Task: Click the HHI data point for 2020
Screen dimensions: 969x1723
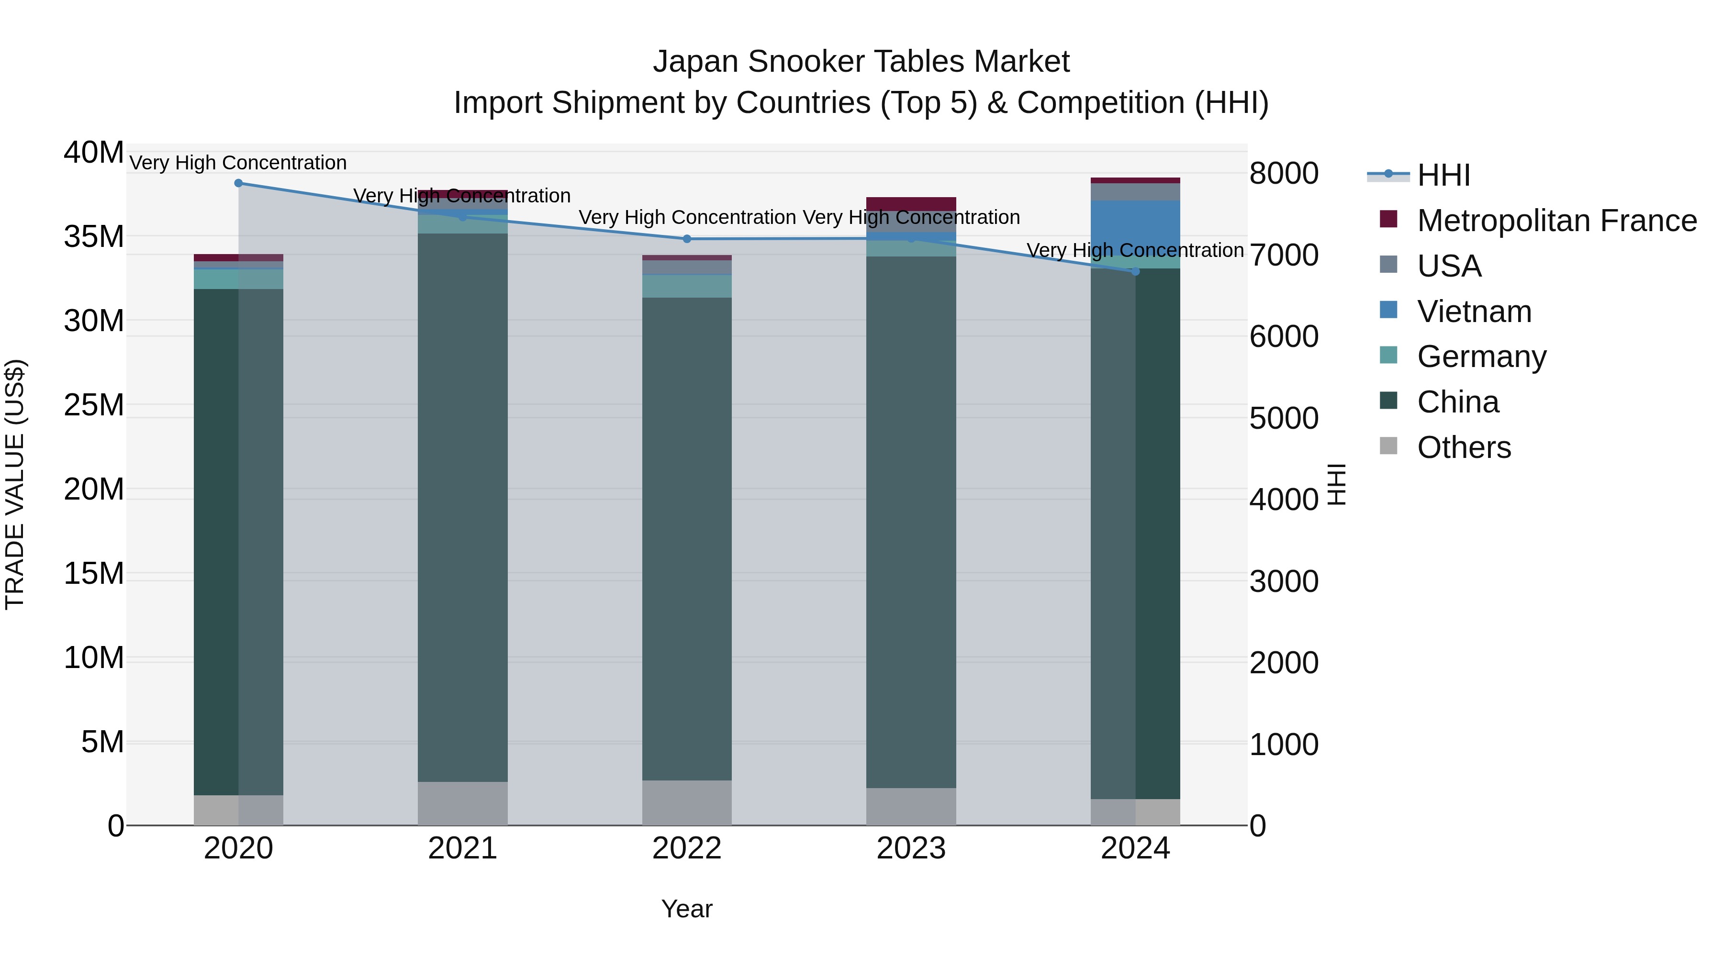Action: (239, 183)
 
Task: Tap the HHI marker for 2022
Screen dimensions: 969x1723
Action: (687, 239)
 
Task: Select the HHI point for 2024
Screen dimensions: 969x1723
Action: (1135, 271)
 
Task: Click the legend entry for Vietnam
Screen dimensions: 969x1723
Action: (1474, 312)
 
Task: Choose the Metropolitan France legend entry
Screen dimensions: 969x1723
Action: (1556, 221)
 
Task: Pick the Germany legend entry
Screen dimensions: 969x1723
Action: (1481, 356)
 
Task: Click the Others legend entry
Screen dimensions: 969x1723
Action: (1464, 447)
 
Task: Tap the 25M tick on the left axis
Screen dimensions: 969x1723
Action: (94, 405)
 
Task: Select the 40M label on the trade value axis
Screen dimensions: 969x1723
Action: (94, 153)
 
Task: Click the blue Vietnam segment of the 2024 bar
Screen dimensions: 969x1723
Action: (1135, 227)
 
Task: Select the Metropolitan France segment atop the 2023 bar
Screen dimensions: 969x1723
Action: (911, 204)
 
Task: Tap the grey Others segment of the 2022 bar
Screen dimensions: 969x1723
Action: (687, 802)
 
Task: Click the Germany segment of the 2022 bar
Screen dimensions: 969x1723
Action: (687, 286)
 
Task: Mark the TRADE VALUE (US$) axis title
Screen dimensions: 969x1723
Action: (15, 484)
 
